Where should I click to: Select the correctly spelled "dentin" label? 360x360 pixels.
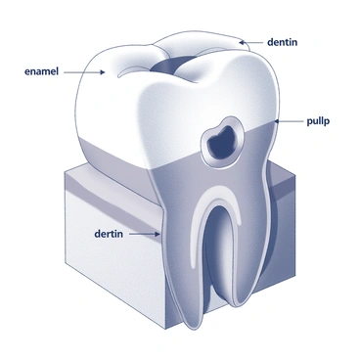coord(285,42)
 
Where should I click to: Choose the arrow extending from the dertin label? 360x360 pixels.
coord(147,234)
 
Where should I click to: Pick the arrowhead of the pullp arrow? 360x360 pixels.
coord(277,120)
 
